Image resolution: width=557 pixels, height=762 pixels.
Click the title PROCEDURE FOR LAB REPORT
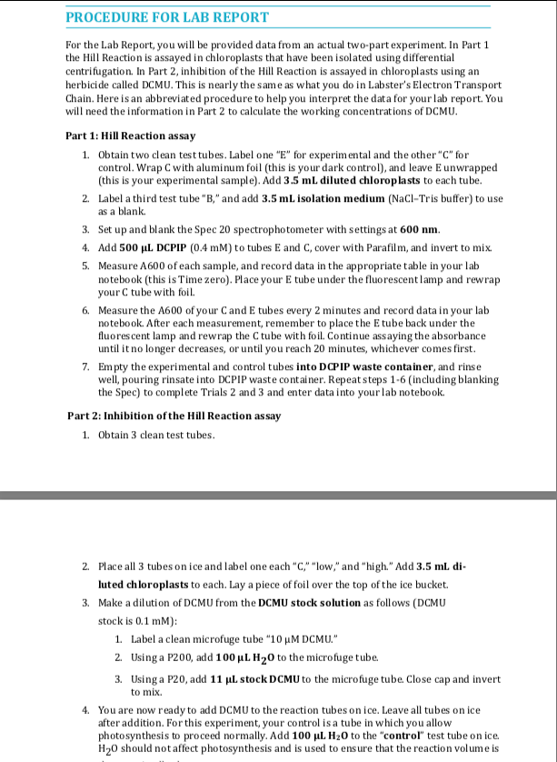167,17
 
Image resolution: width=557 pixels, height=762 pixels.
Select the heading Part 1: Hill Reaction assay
130,135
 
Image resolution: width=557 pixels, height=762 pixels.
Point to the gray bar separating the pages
278,496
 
